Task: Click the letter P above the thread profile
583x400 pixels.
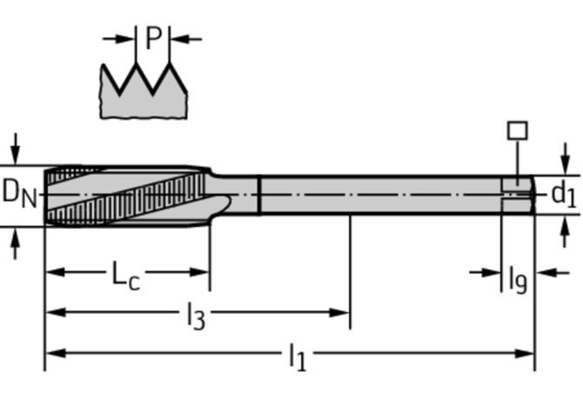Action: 153,37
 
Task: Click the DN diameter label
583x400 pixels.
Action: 19,191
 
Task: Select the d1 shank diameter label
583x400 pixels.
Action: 564,194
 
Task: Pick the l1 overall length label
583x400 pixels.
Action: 297,356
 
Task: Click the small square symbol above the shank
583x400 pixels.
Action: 517,130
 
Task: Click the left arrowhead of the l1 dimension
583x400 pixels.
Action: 52,353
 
